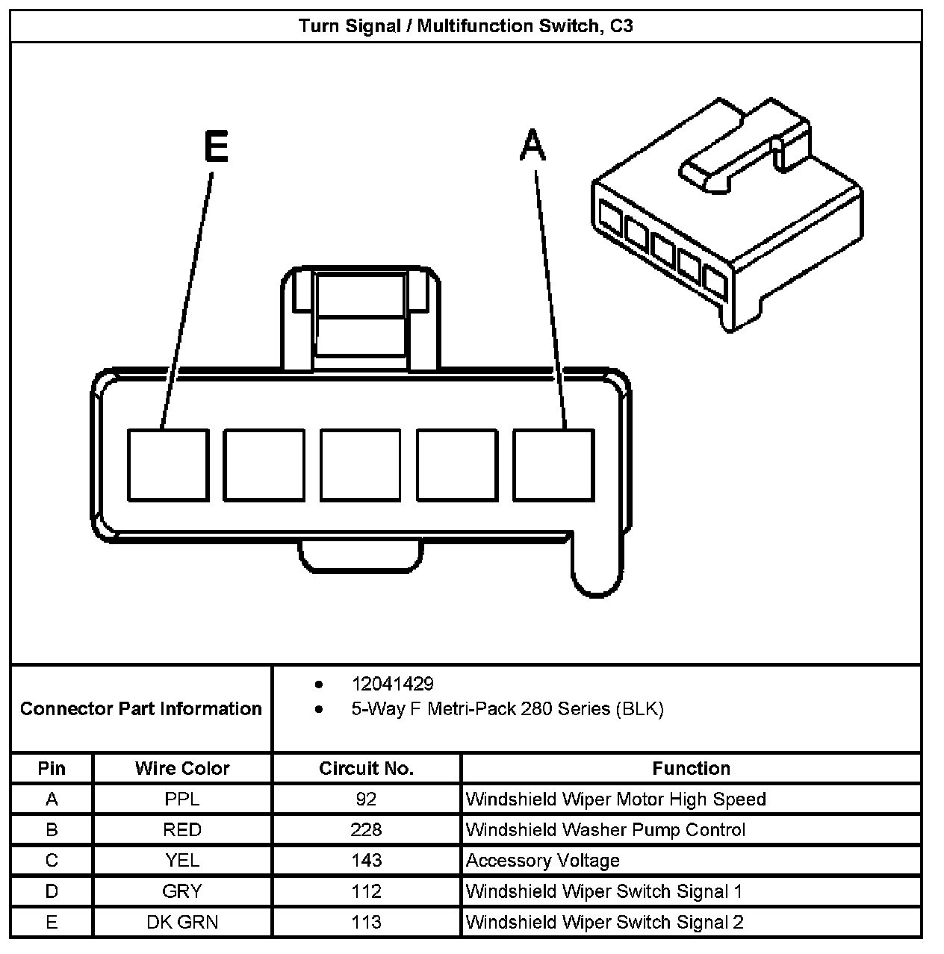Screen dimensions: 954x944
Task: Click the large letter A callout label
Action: [532, 146]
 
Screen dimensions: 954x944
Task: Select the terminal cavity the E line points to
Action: [167, 464]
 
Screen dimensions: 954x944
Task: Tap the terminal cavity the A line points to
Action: [553, 464]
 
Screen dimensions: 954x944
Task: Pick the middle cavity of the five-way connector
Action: [360, 464]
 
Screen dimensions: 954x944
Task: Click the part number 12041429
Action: [392, 684]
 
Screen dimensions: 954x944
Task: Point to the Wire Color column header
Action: [182, 768]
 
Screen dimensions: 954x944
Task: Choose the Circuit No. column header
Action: [366, 768]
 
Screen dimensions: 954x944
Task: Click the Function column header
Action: [691, 768]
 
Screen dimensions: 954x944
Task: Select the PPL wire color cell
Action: [182, 799]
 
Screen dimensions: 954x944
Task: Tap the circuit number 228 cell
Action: [366, 830]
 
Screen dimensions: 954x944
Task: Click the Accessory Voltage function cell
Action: [542, 861]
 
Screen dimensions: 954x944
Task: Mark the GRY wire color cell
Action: [182, 891]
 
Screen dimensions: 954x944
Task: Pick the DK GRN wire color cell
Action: [182, 922]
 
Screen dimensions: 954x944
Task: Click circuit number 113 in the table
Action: [366, 922]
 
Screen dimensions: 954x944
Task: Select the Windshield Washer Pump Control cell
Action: [605, 830]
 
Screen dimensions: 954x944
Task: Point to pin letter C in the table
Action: [52, 861]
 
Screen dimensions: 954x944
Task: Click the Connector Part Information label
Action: [141, 708]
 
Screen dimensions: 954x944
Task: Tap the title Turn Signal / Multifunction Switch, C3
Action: [466, 26]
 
